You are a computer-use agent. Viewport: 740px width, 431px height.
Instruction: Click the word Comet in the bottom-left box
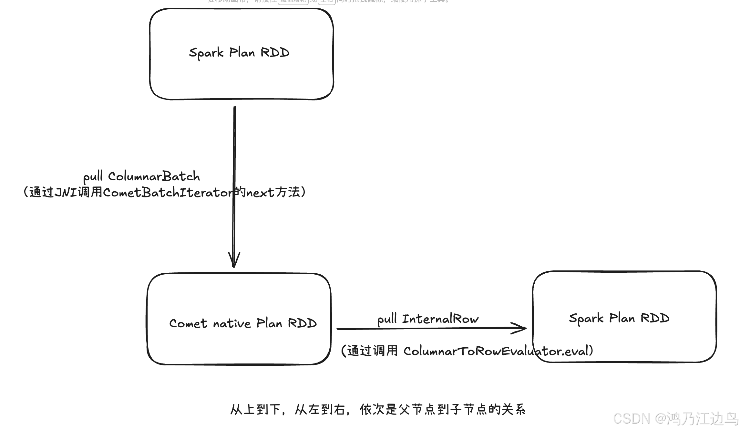[x=188, y=323]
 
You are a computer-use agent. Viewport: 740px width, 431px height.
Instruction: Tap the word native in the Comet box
[x=231, y=323]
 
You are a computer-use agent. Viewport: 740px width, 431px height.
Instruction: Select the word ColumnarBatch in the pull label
[x=154, y=177]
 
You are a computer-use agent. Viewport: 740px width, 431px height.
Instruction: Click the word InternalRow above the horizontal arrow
[x=440, y=319]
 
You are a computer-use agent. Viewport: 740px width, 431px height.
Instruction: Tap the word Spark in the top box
[x=206, y=53]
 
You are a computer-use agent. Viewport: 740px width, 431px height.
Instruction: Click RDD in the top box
[x=275, y=53]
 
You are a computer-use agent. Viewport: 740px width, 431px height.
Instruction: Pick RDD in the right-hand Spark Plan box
[x=655, y=318]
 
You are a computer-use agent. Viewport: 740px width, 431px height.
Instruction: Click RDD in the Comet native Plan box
[x=302, y=323]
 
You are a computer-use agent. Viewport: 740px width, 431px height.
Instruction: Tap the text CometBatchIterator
[x=168, y=193]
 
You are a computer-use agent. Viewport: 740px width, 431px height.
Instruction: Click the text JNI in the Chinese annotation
[x=66, y=193]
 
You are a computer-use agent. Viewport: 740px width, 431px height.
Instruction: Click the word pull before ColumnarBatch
[x=93, y=177]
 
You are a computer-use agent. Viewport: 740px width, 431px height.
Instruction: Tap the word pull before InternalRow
[x=387, y=320]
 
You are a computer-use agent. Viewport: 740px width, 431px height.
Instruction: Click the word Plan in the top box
[x=242, y=53]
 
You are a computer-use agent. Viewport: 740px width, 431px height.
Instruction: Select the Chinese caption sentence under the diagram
[x=378, y=410]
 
